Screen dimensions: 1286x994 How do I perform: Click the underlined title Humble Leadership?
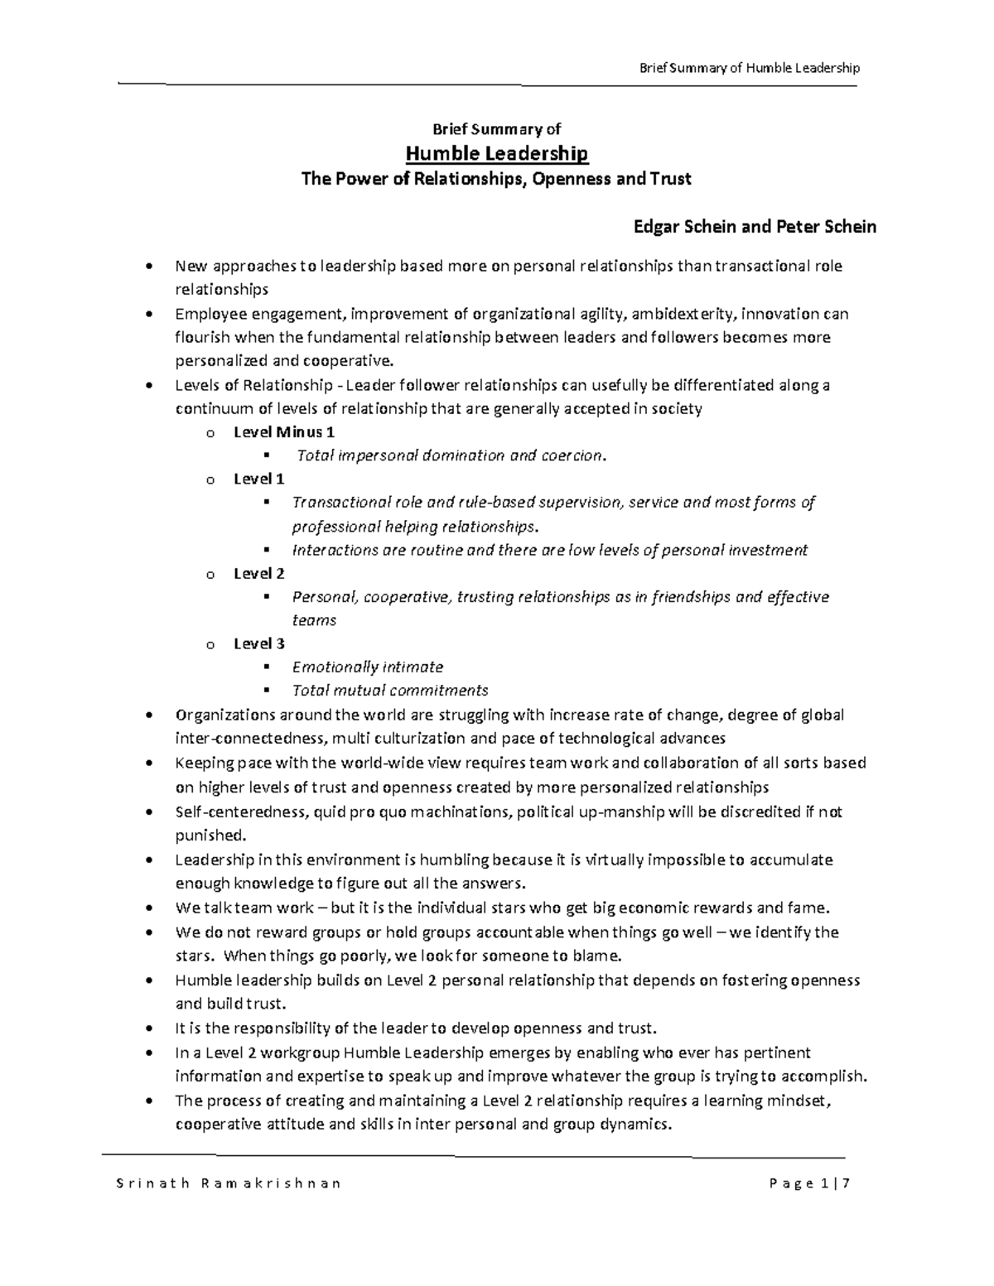496,153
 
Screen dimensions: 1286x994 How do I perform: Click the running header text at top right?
750,68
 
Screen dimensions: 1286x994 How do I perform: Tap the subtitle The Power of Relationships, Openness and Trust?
496,179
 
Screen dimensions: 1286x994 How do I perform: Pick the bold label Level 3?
259,643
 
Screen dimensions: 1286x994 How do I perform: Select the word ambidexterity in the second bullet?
684,314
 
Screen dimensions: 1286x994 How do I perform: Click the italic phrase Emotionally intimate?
367,667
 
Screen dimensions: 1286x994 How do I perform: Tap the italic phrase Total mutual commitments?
389,691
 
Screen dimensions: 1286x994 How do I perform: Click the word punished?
210,835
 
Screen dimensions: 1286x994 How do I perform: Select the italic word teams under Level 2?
314,620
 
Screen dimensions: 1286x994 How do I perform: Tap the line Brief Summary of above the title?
496,128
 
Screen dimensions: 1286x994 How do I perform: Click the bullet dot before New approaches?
148,267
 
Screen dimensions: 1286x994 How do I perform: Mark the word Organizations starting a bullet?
219,715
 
